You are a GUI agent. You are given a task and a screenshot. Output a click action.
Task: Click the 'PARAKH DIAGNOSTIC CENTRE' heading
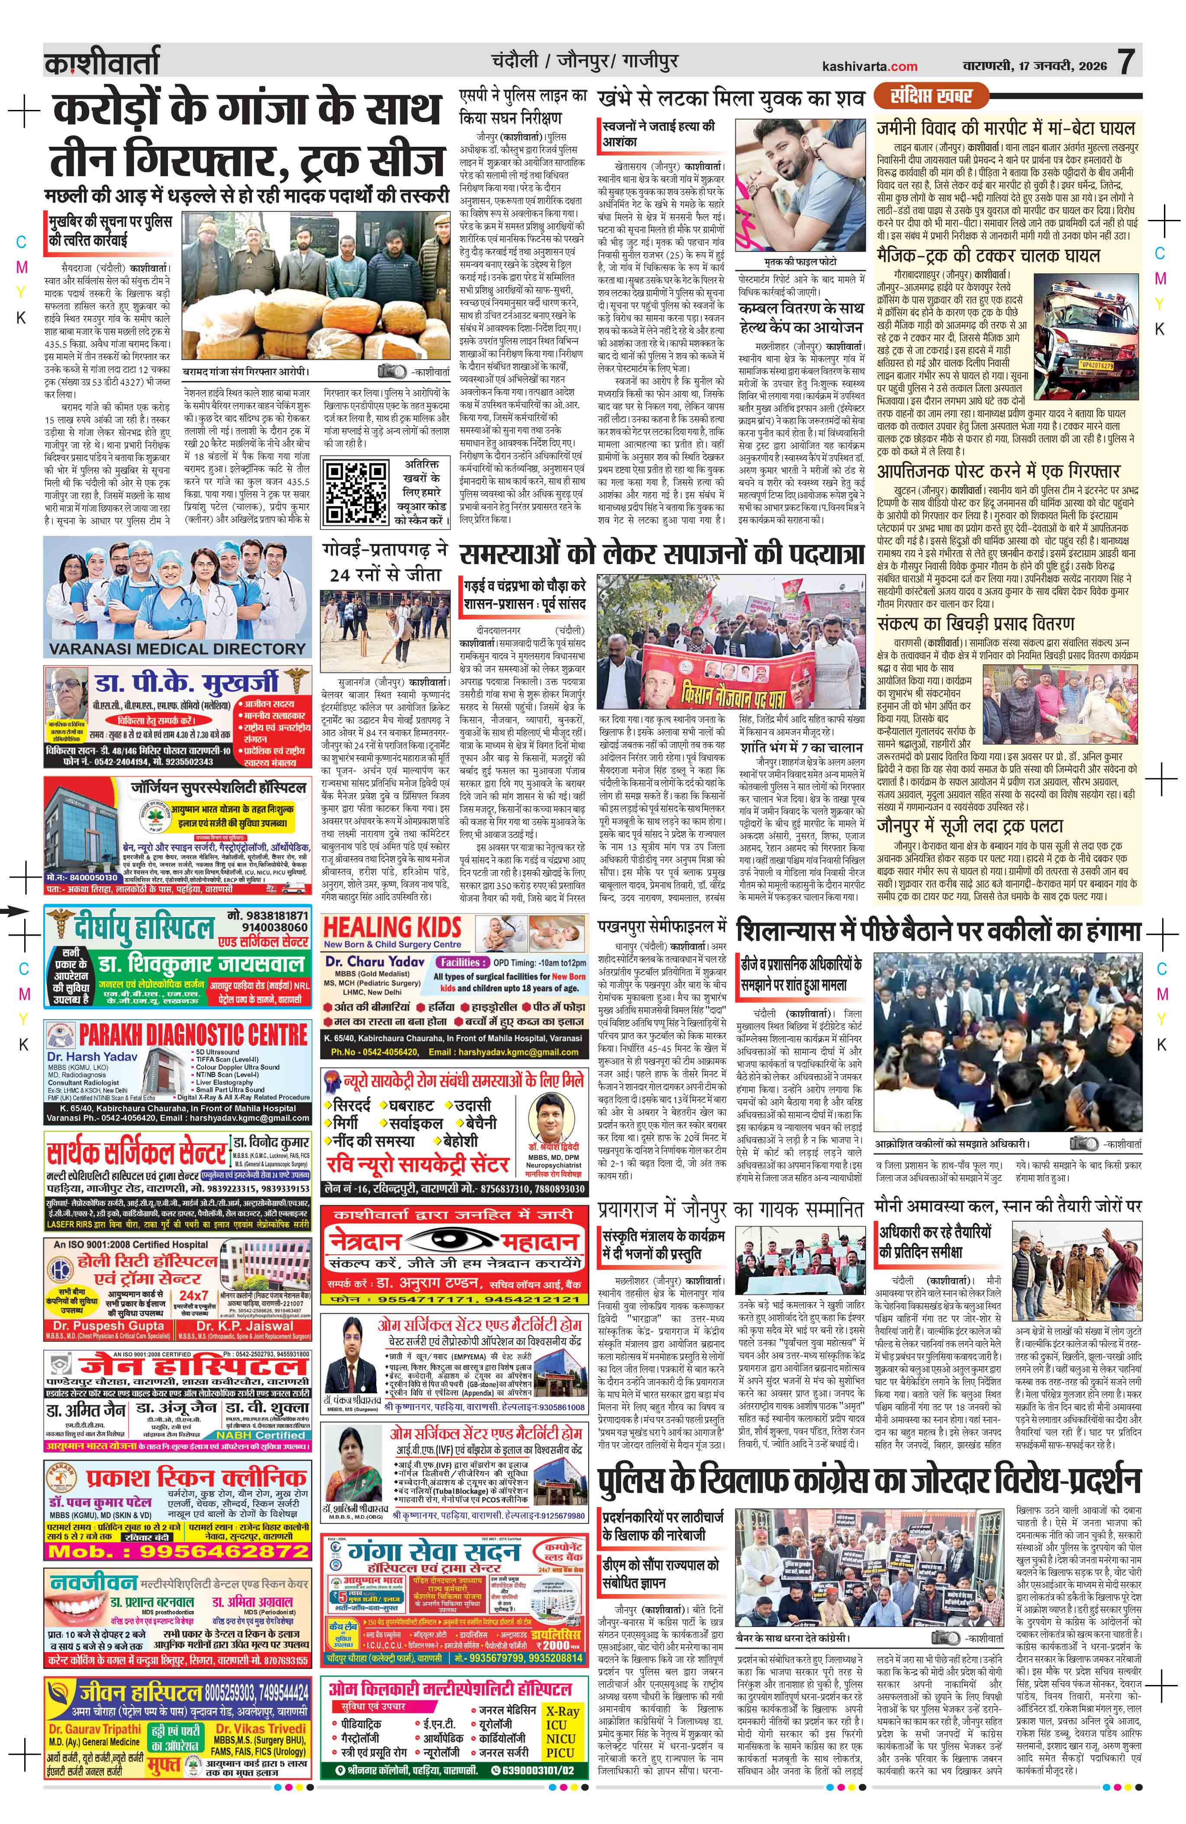coord(193,1034)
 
